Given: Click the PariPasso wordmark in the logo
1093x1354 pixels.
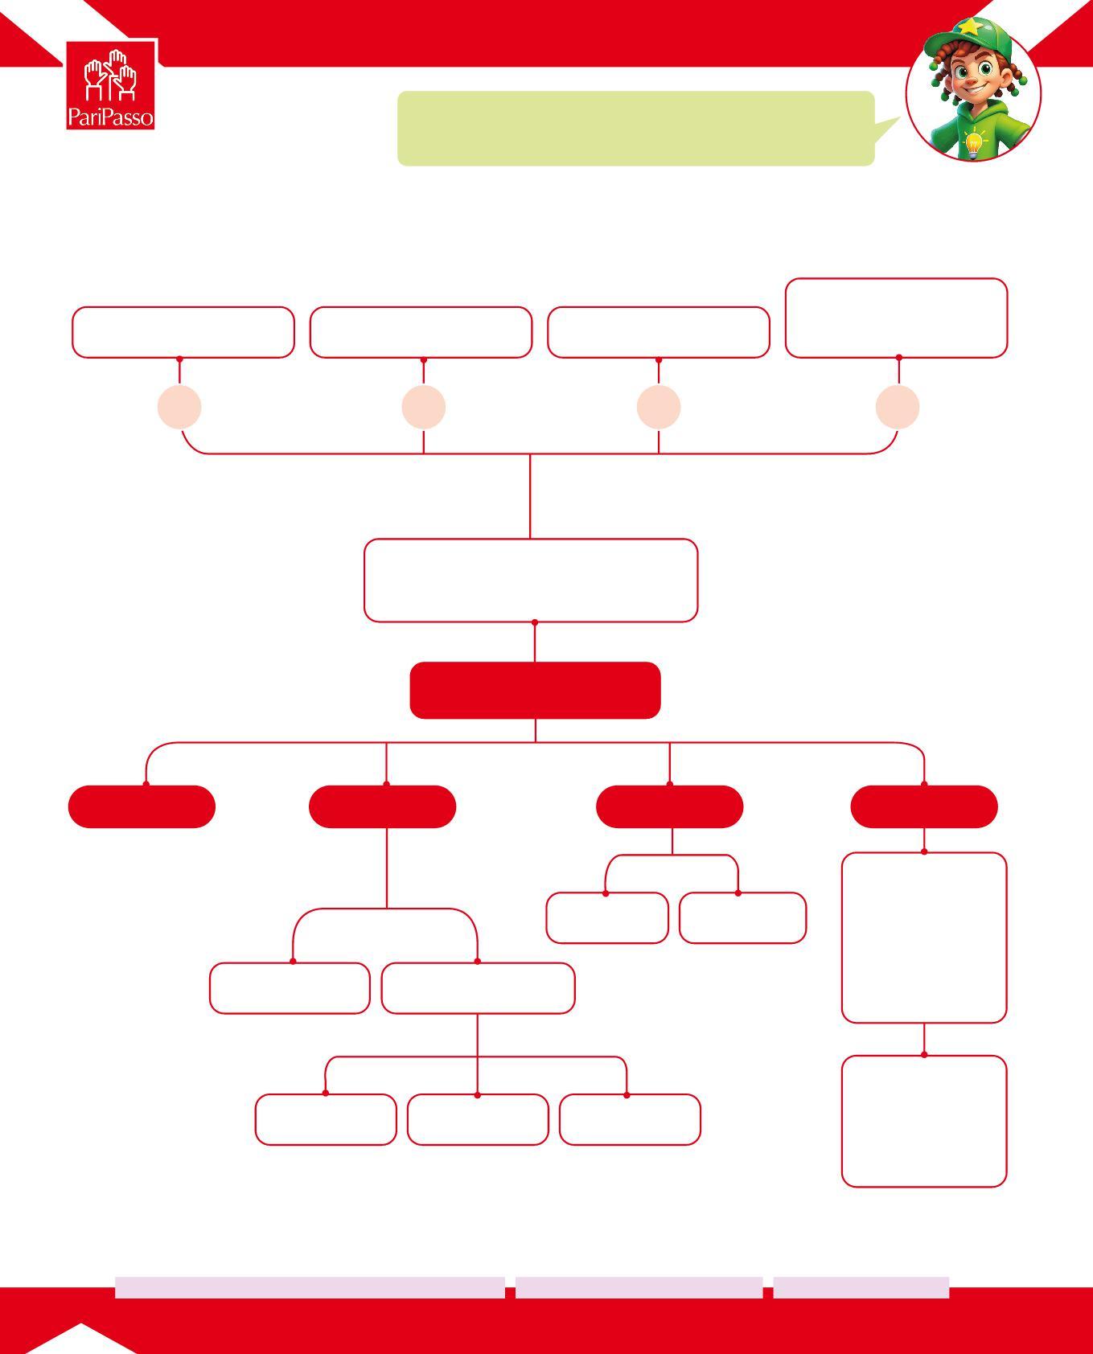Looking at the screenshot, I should tap(110, 117).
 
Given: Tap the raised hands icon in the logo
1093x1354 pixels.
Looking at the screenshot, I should tap(111, 76).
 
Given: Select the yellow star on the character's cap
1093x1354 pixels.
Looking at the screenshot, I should tap(969, 27).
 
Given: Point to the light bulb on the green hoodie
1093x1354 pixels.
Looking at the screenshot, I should tap(974, 143).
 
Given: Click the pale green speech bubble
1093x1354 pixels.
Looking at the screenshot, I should tap(635, 129).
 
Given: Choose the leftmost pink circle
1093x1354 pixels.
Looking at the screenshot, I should tap(179, 407).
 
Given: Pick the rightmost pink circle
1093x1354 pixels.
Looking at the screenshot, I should tap(898, 407).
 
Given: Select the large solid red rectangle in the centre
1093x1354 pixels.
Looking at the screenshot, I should tap(535, 690).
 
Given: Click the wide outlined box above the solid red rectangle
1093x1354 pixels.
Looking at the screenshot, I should tap(531, 580).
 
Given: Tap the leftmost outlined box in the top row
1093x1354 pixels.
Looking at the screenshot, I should tap(183, 332).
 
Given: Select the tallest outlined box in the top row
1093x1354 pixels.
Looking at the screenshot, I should tap(896, 318).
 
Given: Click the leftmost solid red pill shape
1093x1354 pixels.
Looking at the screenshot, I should tap(142, 806).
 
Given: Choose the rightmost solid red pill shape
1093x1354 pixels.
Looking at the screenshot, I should tap(924, 806).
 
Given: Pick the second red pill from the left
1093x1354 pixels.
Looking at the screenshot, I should tap(382, 806).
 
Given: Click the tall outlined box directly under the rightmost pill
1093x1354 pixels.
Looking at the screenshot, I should tap(924, 938).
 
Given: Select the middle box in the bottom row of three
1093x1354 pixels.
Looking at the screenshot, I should tap(478, 1119).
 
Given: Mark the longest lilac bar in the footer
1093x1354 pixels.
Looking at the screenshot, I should tap(310, 1287).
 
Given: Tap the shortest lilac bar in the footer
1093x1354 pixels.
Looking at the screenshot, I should tap(861, 1287).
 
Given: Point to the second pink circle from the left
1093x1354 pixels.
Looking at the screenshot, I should tap(424, 407).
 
